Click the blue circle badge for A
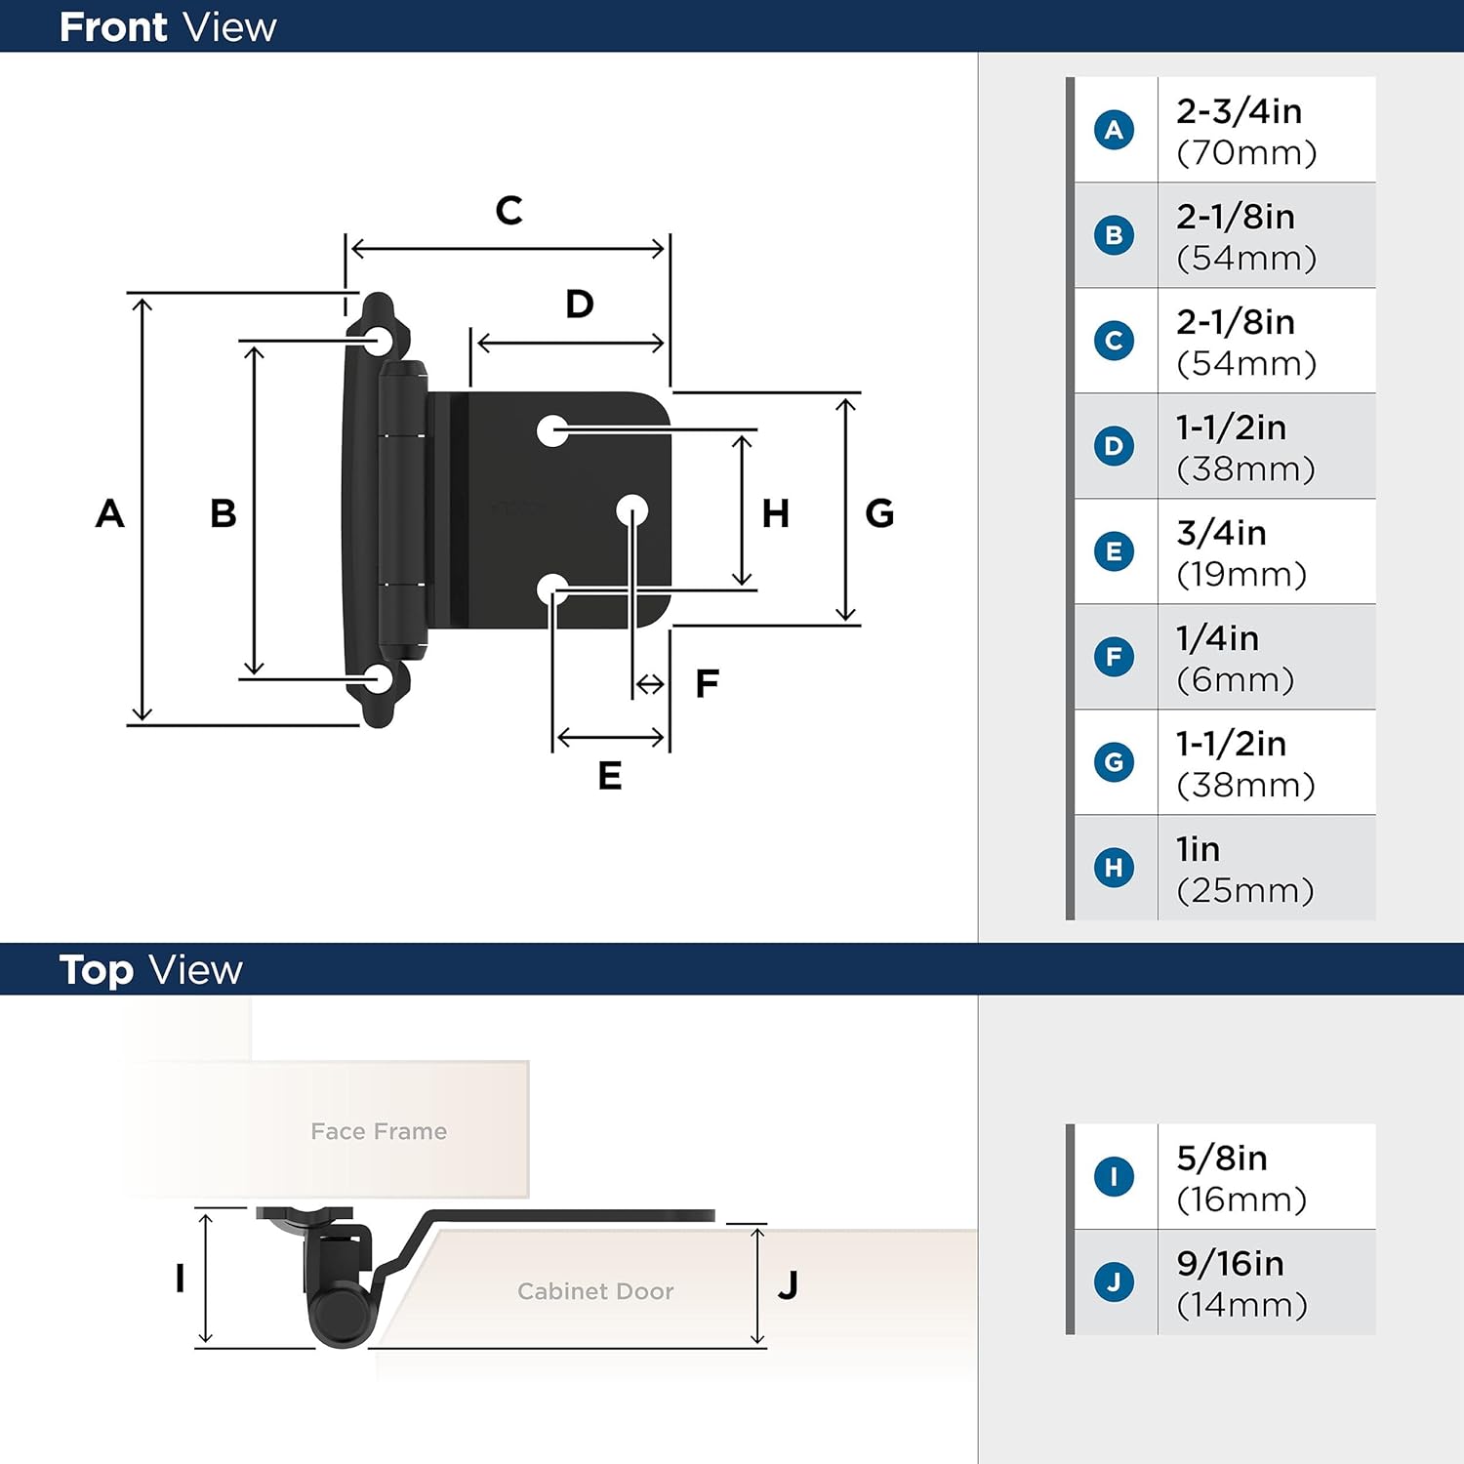pos(1114,130)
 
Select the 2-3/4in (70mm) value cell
pos(1265,131)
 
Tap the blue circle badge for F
pos(1114,657)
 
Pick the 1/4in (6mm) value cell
pos(1265,658)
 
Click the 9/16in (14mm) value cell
pos(1265,1282)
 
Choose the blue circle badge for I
pos(1114,1176)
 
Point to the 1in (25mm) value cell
pos(1265,869)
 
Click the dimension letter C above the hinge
pos(508,211)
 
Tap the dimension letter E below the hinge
pos(610,776)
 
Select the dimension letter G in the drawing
pos(879,513)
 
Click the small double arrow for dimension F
pos(650,685)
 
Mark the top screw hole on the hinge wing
pos(379,341)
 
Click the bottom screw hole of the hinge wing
pos(379,679)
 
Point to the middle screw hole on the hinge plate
pos(631,509)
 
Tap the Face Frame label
pos(379,1131)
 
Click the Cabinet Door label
pos(595,1291)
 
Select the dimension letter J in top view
pos(789,1285)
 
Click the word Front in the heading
pos(113,27)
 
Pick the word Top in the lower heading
pos(96,970)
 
